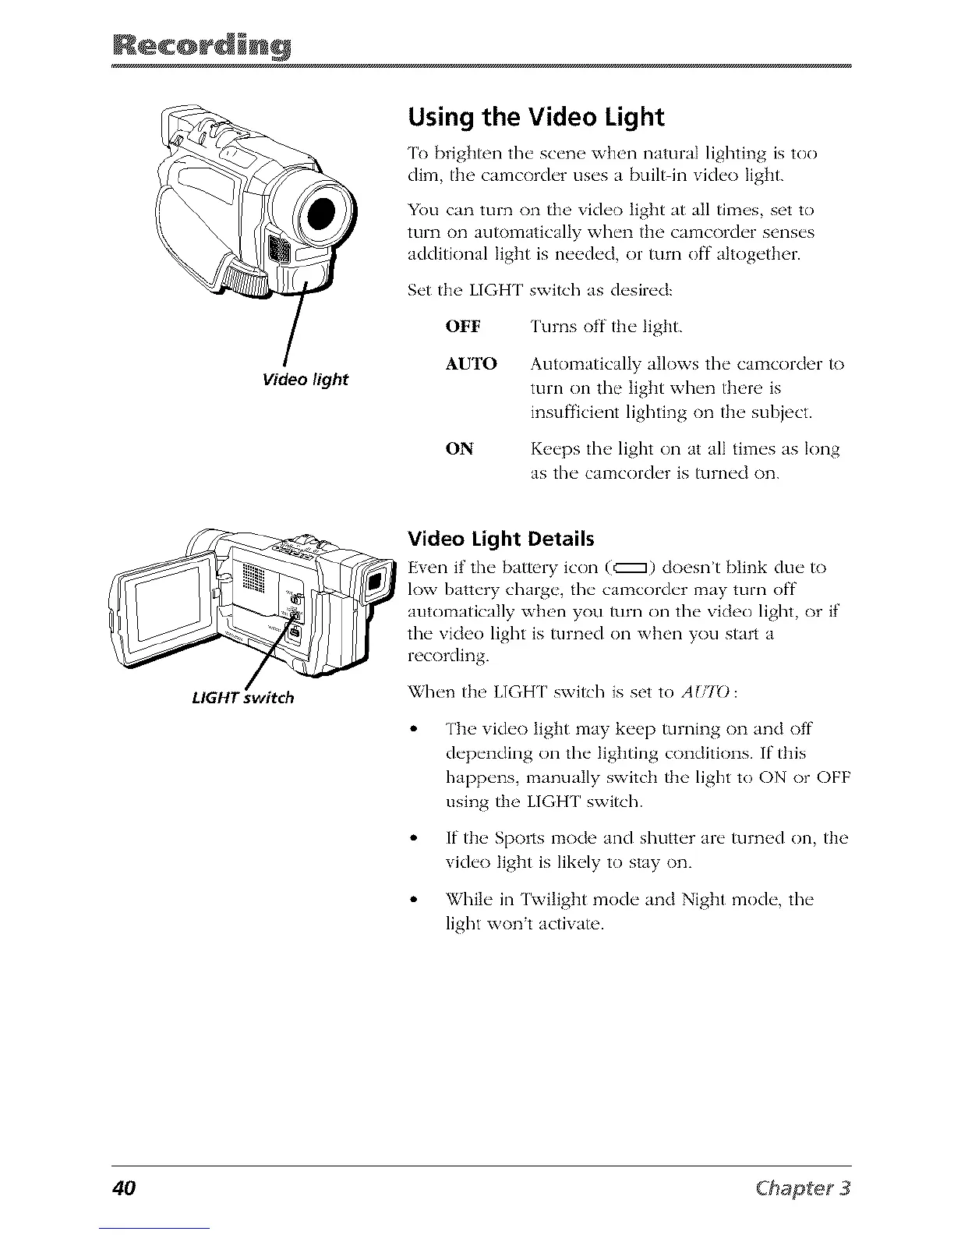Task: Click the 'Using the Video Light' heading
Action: tap(535, 118)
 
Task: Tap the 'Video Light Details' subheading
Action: tap(500, 539)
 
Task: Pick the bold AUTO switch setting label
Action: tap(470, 364)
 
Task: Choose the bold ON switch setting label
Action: tap(459, 449)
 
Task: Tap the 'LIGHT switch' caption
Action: tap(242, 697)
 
